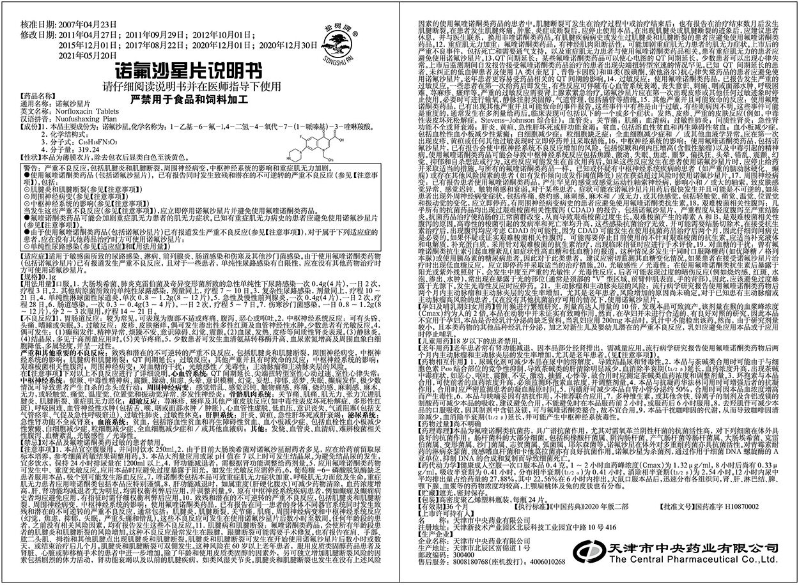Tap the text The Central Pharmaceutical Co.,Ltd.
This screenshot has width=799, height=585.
pos(694,558)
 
